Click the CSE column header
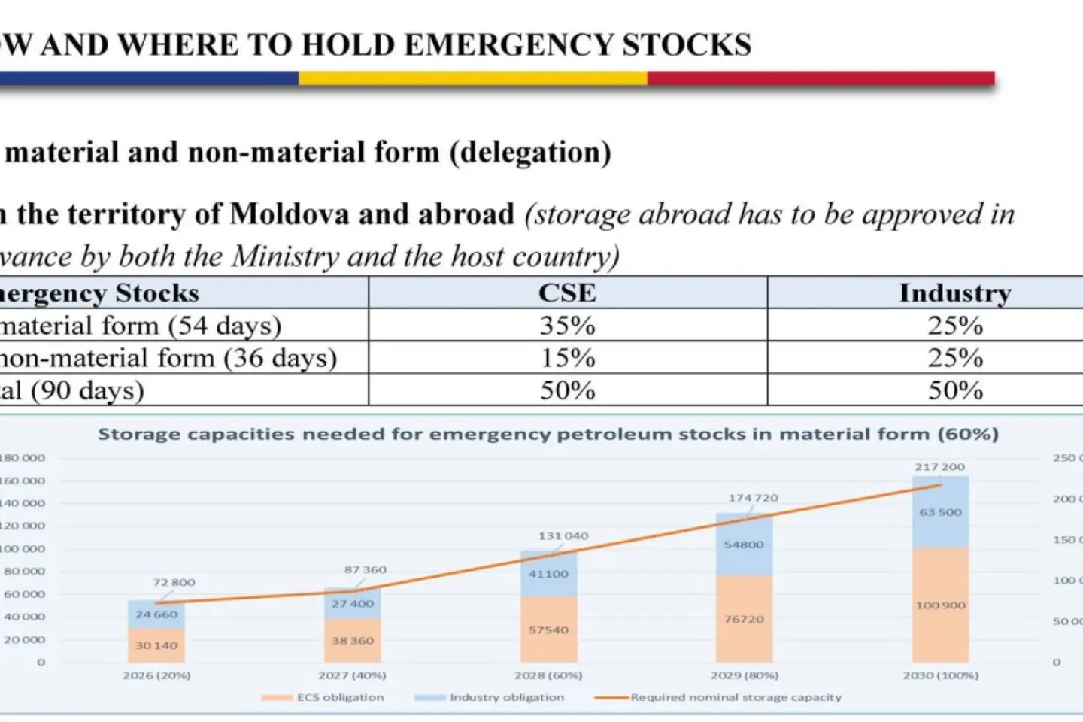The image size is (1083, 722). pyautogui.click(x=567, y=293)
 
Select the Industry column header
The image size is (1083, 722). pyautogui.click(x=955, y=293)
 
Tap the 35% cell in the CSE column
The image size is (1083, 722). pyautogui.click(x=567, y=326)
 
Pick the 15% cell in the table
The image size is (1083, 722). pyautogui.click(x=567, y=358)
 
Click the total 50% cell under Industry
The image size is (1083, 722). pyautogui.click(x=955, y=390)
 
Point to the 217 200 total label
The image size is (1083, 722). pyautogui.click(x=939, y=467)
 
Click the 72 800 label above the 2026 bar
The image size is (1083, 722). pyautogui.click(x=174, y=582)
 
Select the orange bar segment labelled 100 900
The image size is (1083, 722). pyautogui.click(x=940, y=605)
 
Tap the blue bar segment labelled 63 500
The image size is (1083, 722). pyautogui.click(x=940, y=512)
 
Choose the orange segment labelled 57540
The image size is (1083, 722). pyautogui.click(x=548, y=630)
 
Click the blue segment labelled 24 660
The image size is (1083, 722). pyautogui.click(x=156, y=614)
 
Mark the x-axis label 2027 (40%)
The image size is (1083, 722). pyautogui.click(x=352, y=675)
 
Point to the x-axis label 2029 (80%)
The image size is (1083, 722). pyautogui.click(x=744, y=675)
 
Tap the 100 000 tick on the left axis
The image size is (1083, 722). pyautogui.click(x=23, y=549)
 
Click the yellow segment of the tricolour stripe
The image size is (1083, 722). pyautogui.click(x=472, y=78)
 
